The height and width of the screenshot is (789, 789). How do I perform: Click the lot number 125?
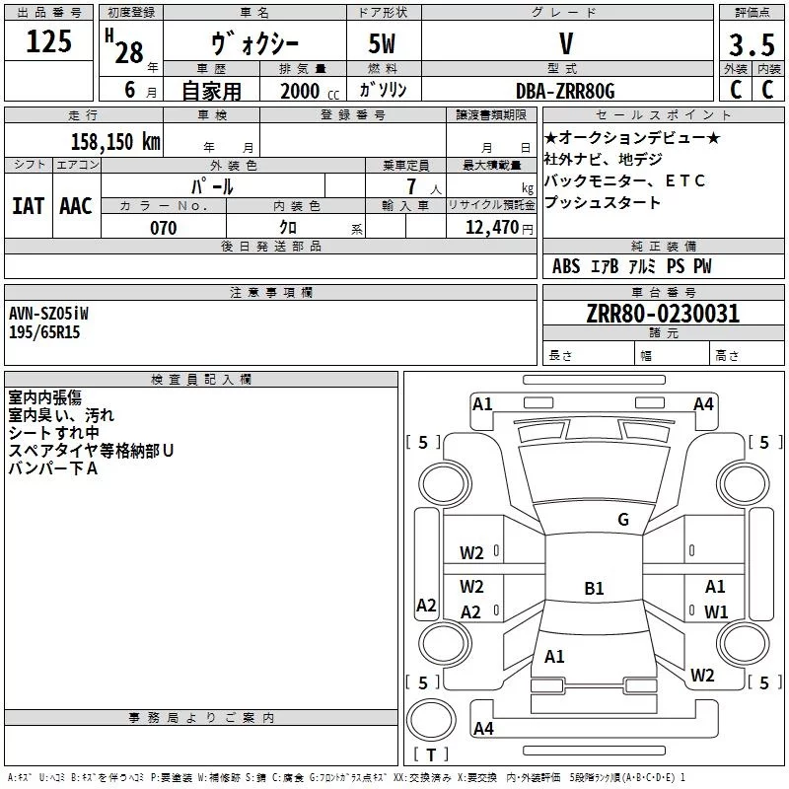[49, 42]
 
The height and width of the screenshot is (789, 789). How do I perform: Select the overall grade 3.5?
[750, 44]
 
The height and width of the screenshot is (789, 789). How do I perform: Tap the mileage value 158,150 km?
[114, 142]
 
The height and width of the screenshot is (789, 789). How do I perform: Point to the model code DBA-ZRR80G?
[565, 91]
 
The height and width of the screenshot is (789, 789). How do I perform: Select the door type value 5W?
[383, 44]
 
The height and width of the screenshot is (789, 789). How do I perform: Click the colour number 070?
[163, 228]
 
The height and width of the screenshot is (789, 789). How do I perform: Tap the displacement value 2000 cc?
[309, 91]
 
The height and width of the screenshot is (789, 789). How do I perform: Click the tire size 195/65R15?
[44, 332]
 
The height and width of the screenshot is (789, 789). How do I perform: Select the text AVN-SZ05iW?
[48, 314]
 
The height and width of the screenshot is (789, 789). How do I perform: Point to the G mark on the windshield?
[622, 520]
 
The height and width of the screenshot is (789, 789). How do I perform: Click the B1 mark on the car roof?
[594, 589]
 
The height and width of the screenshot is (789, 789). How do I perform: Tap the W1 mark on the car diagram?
[716, 611]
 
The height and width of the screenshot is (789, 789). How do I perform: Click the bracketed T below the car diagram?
[430, 755]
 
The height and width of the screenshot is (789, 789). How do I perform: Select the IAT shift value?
[28, 206]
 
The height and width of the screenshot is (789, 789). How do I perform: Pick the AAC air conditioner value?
[76, 206]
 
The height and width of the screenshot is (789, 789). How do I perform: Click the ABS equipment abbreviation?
[566, 266]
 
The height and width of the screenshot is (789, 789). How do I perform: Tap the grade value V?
[565, 44]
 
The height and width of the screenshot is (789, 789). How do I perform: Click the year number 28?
[129, 52]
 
